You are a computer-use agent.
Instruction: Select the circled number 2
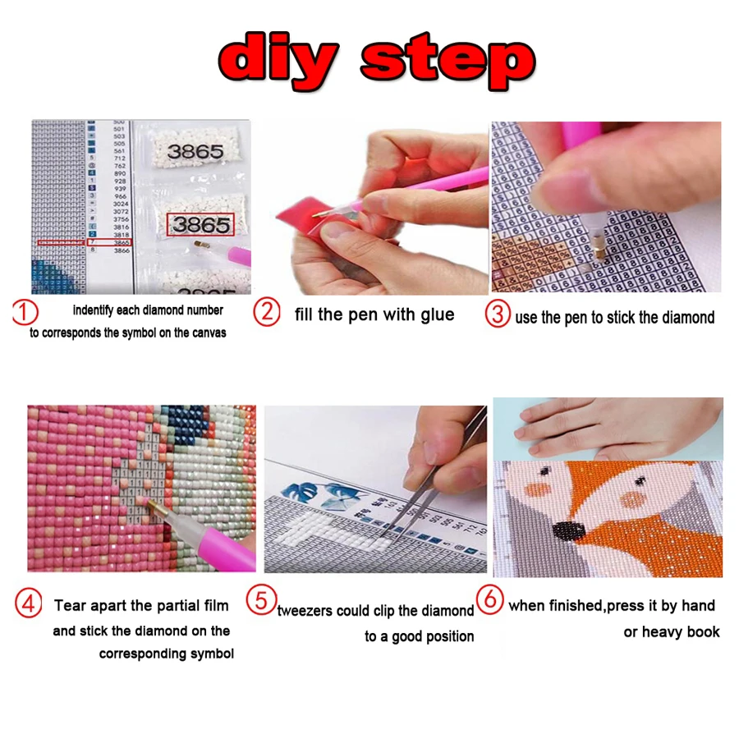(267, 313)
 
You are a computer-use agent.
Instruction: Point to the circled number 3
(498, 314)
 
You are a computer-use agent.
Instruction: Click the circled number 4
(29, 605)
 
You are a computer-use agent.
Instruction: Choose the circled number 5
(261, 599)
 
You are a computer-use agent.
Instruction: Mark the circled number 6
(490, 599)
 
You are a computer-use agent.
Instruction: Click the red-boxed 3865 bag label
(200, 224)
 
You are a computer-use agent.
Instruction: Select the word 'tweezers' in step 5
(309, 610)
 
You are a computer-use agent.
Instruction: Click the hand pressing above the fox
(608, 427)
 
